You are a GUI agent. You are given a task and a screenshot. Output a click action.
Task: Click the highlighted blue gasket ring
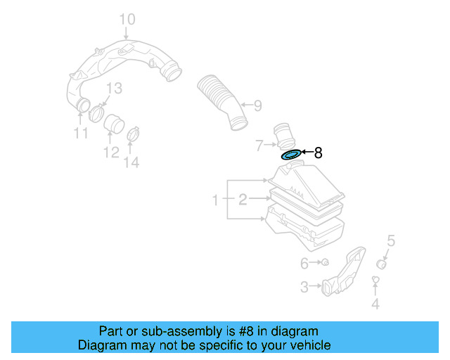[290, 154]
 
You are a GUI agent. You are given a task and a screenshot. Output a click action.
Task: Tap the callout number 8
[318, 153]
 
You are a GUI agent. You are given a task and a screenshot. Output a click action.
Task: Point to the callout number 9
[257, 106]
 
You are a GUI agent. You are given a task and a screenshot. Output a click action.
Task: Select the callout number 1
[216, 201]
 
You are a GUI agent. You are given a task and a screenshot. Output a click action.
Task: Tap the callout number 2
[242, 200]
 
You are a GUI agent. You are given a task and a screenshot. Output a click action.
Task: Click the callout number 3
[304, 287]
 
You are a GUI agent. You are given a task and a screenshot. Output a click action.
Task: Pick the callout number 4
[375, 304]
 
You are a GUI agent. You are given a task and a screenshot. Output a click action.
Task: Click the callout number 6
[304, 264]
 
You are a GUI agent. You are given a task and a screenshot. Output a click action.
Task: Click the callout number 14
[131, 163]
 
